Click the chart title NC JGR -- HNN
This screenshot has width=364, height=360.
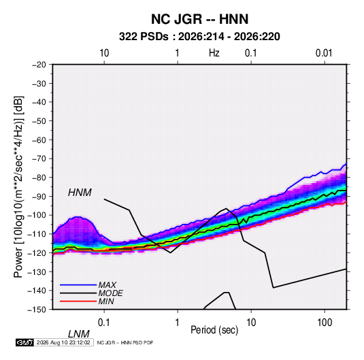[199, 19]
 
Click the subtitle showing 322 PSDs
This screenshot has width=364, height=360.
[199, 37]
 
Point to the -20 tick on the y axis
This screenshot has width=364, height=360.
[39, 65]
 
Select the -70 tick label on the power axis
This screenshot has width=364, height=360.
[39, 159]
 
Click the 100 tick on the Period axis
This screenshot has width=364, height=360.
[325, 323]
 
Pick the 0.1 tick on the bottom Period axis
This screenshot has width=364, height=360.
[104, 323]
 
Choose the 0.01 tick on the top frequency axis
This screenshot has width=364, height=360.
[324, 53]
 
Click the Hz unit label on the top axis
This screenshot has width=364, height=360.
[214, 53]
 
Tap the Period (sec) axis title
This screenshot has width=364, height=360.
[214, 330]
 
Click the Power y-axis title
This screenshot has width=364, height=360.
[18, 187]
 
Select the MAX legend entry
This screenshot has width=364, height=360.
[107, 284]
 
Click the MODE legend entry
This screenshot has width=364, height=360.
[110, 293]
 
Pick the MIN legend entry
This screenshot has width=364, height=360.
[106, 301]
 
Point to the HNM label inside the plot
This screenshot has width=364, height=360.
[80, 193]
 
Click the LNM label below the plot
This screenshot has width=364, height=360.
[78, 334]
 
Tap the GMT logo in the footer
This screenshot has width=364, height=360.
[24, 342]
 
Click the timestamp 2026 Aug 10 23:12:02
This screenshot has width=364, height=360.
[63, 342]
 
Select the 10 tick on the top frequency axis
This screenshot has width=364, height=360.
[104, 53]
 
